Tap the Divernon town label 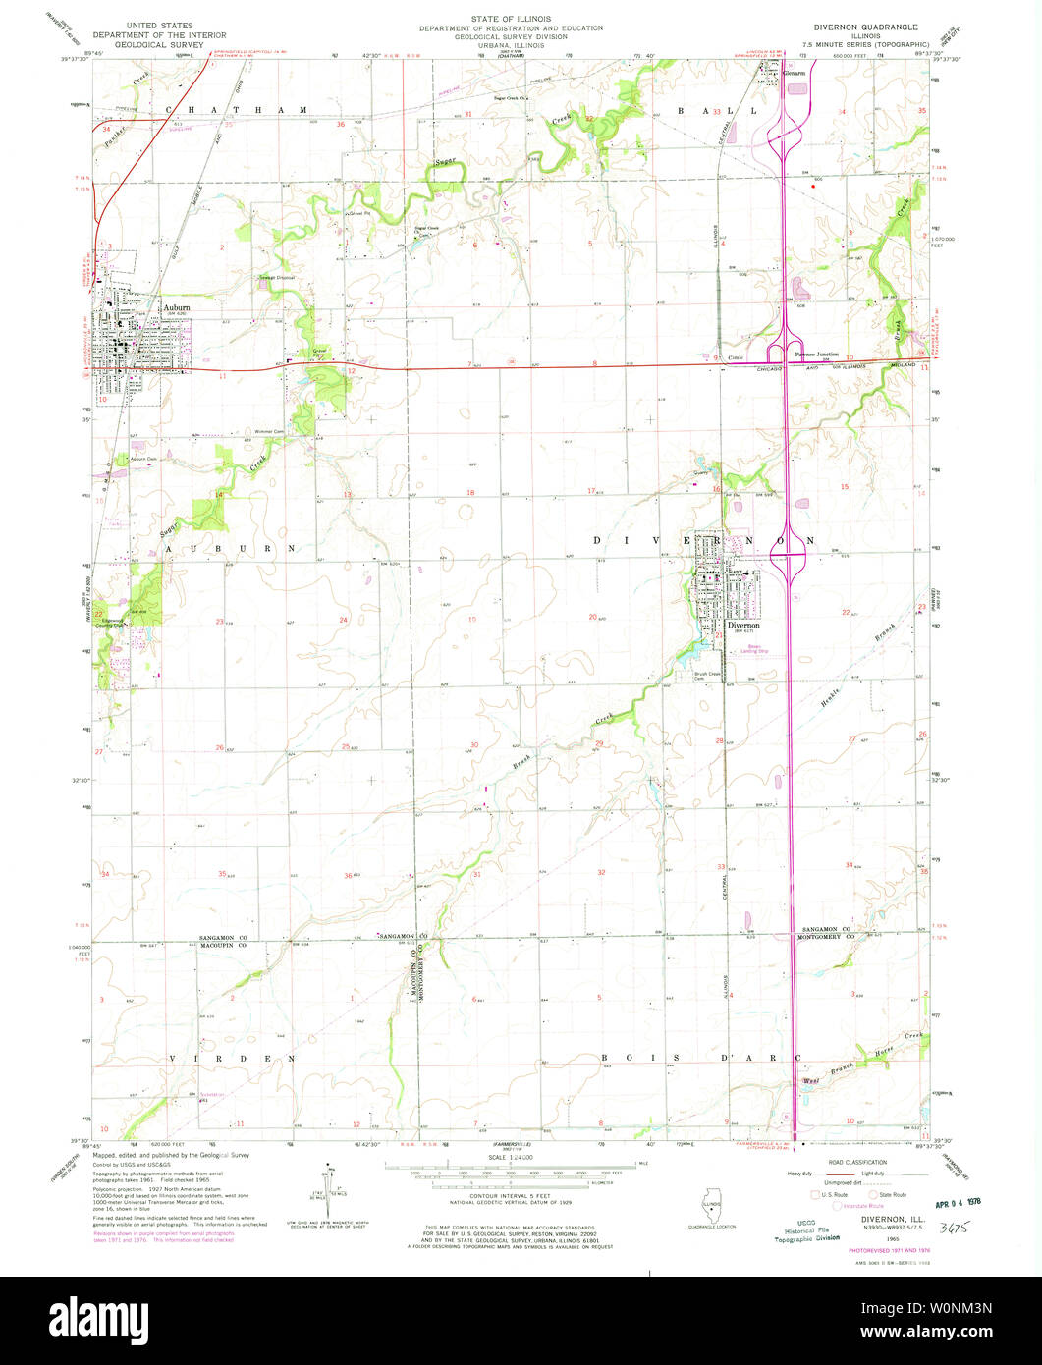pos(743,624)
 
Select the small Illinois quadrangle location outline pos(708,1203)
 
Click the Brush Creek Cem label pos(700,675)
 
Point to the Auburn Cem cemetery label pos(144,460)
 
